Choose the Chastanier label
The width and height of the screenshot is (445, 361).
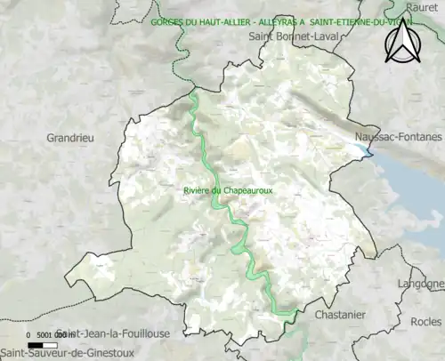(x=340, y=315)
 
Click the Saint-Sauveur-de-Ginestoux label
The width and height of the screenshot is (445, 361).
(x=61, y=354)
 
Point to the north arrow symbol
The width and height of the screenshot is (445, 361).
(x=401, y=43)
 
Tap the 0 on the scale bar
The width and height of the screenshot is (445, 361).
(x=28, y=334)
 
